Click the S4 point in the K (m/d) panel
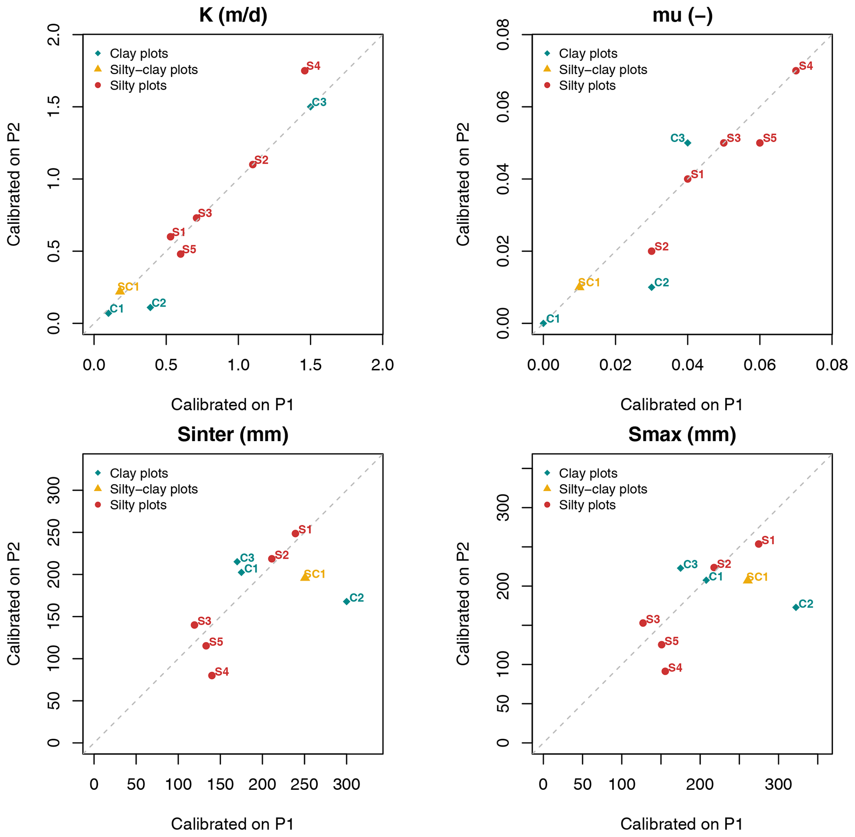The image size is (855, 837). point(304,71)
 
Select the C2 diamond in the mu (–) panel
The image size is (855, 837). point(651,287)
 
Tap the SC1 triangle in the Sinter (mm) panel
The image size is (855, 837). point(305,576)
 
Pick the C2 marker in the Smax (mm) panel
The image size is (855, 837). point(796,607)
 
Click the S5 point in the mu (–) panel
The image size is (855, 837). point(759,143)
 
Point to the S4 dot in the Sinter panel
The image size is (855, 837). point(212,675)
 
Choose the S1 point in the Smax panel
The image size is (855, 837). point(758,544)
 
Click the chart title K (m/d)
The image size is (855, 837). point(233,15)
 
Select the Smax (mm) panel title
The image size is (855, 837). point(682,434)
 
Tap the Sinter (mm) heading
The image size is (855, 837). point(233,434)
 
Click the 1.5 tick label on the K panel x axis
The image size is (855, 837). point(310,365)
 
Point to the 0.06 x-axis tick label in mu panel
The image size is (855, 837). point(759,365)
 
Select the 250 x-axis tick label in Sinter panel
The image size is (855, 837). point(304,784)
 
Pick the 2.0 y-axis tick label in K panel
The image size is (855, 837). point(54,34)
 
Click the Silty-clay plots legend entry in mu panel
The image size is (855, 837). point(603,70)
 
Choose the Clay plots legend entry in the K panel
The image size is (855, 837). point(139,54)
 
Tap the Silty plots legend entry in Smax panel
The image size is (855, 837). point(587,505)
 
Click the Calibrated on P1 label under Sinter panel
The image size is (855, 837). point(232,823)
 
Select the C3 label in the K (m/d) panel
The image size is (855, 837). point(319,102)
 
